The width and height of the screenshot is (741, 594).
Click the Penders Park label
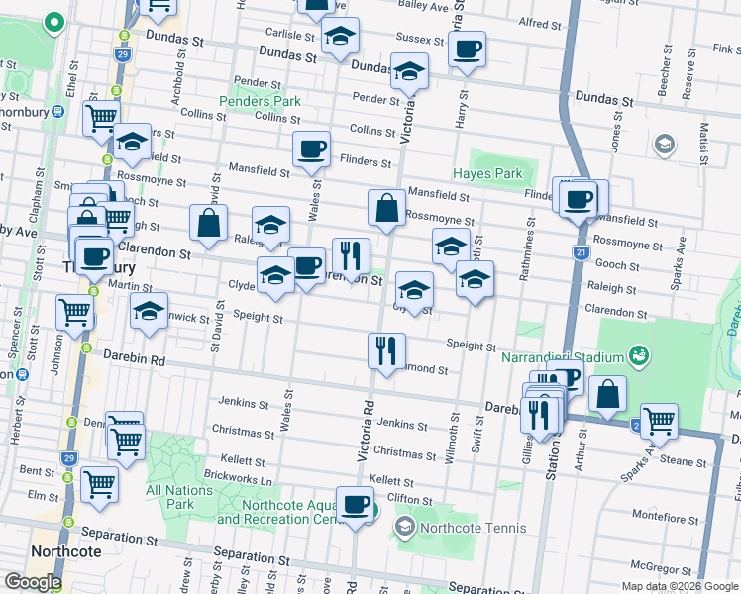260,101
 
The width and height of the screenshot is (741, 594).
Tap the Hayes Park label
486,174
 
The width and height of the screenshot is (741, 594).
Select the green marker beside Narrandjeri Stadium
639,356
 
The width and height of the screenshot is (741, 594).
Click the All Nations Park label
178,496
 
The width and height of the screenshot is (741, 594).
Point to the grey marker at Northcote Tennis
403,526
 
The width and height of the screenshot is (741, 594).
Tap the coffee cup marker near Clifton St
355,505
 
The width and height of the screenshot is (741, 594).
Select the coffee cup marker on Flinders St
311,148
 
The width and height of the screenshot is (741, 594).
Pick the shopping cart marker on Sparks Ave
659,420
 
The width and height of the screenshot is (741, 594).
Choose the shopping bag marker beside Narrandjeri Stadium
607,393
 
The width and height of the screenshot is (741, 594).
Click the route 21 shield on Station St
580,254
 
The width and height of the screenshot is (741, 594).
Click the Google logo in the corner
33,582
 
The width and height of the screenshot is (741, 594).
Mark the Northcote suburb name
61,551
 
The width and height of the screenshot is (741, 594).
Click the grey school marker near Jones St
663,146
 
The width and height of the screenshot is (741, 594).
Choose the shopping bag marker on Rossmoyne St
385,208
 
